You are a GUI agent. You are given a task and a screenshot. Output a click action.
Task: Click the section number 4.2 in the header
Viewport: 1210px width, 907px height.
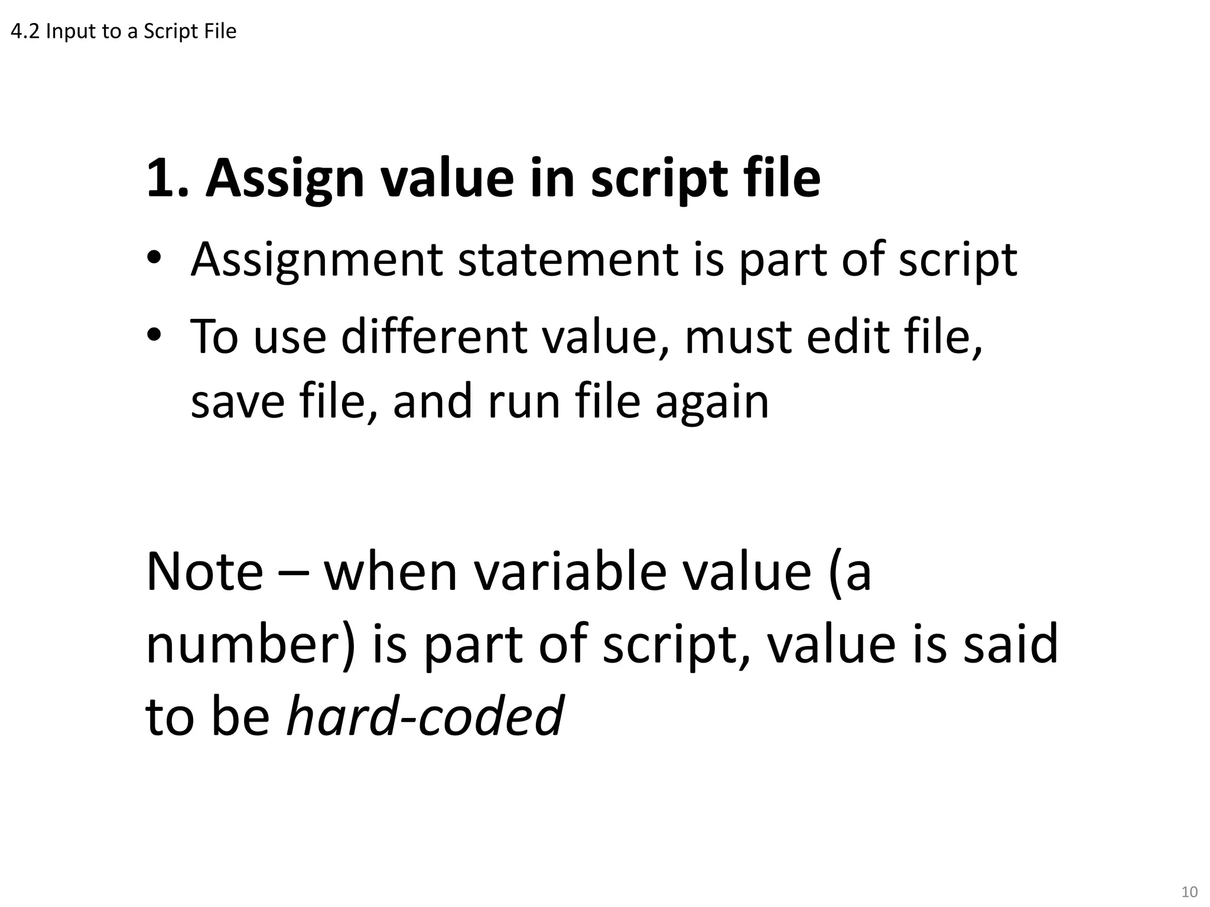[x=25, y=31]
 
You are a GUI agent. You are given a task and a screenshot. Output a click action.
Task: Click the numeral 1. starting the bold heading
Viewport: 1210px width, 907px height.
[x=167, y=178]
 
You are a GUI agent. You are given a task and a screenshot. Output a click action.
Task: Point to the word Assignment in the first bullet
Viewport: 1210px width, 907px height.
[x=317, y=260]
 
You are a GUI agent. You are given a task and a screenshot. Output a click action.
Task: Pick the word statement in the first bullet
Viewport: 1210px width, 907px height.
[x=568, y=260]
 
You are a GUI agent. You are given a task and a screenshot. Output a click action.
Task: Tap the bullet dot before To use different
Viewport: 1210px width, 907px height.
[x=154, y=335]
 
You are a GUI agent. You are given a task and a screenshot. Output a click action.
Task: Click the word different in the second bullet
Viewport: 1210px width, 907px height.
[x=434, y=337]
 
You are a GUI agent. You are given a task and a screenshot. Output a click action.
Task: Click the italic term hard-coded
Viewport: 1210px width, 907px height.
[x=425, y=716]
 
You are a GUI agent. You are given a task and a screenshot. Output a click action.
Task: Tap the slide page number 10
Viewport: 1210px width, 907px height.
[x=1189, y=892]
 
